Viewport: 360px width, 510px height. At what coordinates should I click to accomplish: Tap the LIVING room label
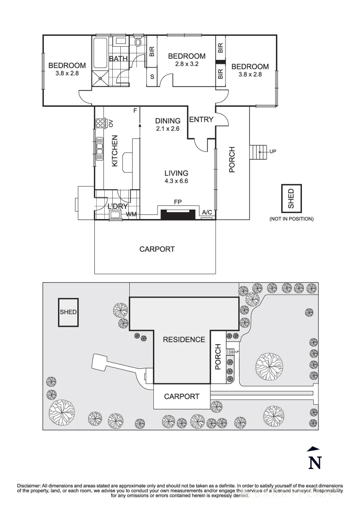pyautogui.click(x=176, y=173)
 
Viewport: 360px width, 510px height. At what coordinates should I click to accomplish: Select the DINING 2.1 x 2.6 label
pyautogui.click(x=167, y=124)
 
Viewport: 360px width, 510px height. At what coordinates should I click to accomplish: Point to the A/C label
pyautogui.click(x=207, y=213)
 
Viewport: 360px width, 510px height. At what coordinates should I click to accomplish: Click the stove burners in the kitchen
pyautogui.click(x=100, y=124)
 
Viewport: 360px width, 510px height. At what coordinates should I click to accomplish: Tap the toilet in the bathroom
pyautogui.click(x=138, y=43)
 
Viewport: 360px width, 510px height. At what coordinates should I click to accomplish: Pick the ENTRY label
pyautogui.click(x=201, y=120)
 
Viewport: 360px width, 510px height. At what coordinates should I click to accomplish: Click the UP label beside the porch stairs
pyautogui.click(x=272, y=152)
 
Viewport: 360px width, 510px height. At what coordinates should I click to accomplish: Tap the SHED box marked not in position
pyautogui.click(x=291, y=198)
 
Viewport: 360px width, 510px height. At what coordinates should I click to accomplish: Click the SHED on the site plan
pyautogui.click(x=68, y=312)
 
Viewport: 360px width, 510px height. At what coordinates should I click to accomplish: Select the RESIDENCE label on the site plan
pyautogui.click(x=184, y=340)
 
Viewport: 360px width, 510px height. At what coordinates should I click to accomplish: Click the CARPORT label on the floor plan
pyautogui.click(x=157, y=249)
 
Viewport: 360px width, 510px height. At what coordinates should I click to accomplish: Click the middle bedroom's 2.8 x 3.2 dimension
pyautogui.click(x=187, y=64)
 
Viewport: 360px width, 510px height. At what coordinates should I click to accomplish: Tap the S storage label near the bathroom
pyautogui.click(x=152, y=76)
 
